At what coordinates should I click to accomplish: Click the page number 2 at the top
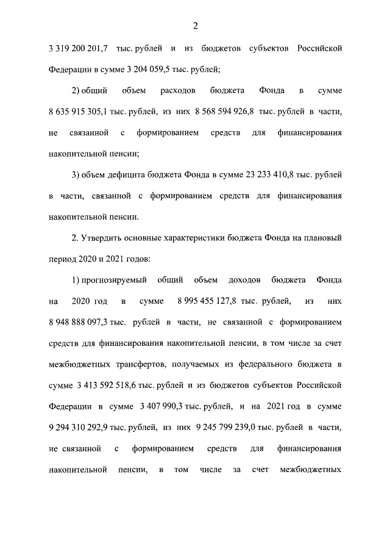[195, 26]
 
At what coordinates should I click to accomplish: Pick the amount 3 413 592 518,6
[110, 385]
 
